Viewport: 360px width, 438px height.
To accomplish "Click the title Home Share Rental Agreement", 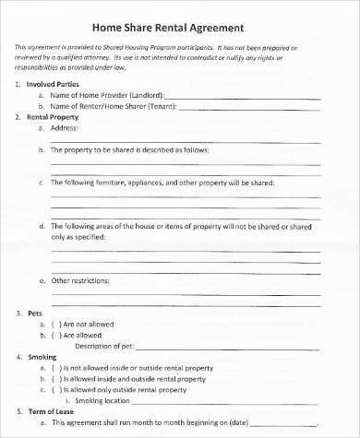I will click(179, 27).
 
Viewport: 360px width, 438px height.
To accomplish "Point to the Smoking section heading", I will click(42, 355).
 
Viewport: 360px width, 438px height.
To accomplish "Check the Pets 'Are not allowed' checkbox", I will click(54, 324).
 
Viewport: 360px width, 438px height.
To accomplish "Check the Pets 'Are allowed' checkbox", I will click(54, 335).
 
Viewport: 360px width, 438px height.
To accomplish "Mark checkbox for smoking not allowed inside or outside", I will click(54, 366).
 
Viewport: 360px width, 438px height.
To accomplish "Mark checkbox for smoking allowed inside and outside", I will click(54, 377).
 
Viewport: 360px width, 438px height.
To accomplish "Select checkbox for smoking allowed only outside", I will click(54, 388).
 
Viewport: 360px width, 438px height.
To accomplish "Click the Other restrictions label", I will click(79, 279).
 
